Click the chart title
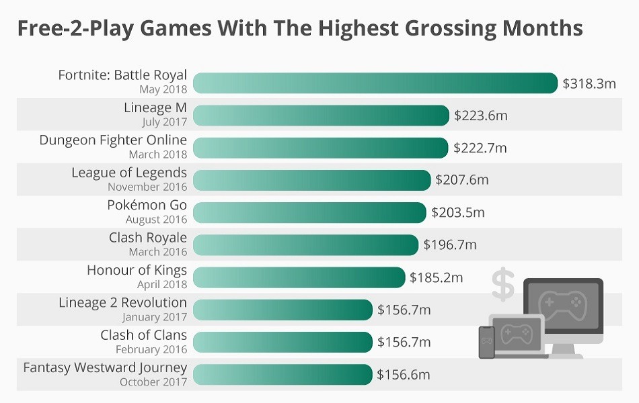299,29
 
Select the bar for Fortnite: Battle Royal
375,83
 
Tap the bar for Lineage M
321,116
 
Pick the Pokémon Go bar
309,212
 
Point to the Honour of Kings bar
299,277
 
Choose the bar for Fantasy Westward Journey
283,375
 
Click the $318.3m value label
589,83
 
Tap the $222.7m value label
480,148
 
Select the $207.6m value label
461,180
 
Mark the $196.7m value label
449,245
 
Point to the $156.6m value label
403,375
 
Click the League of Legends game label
129,173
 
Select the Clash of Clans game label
144,335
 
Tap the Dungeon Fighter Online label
113,141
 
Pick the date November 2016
147,187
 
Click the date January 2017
155,317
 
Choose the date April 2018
162,285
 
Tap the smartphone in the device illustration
486,343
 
